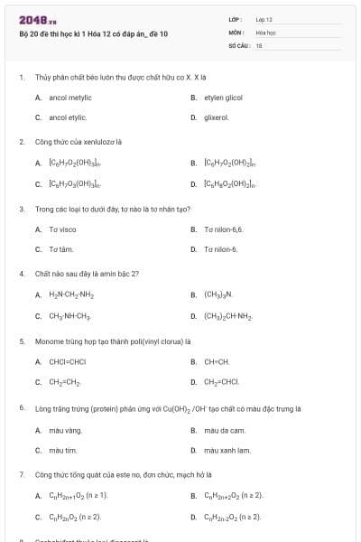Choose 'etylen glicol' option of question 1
(x=223, y=97)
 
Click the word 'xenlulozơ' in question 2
(x=95, y=142)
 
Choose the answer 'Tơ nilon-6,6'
(x=224, y=229)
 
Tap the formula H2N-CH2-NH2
(x=71, y=294)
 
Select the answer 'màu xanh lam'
(x=227, y=450)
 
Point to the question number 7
(x=21, y=473)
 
